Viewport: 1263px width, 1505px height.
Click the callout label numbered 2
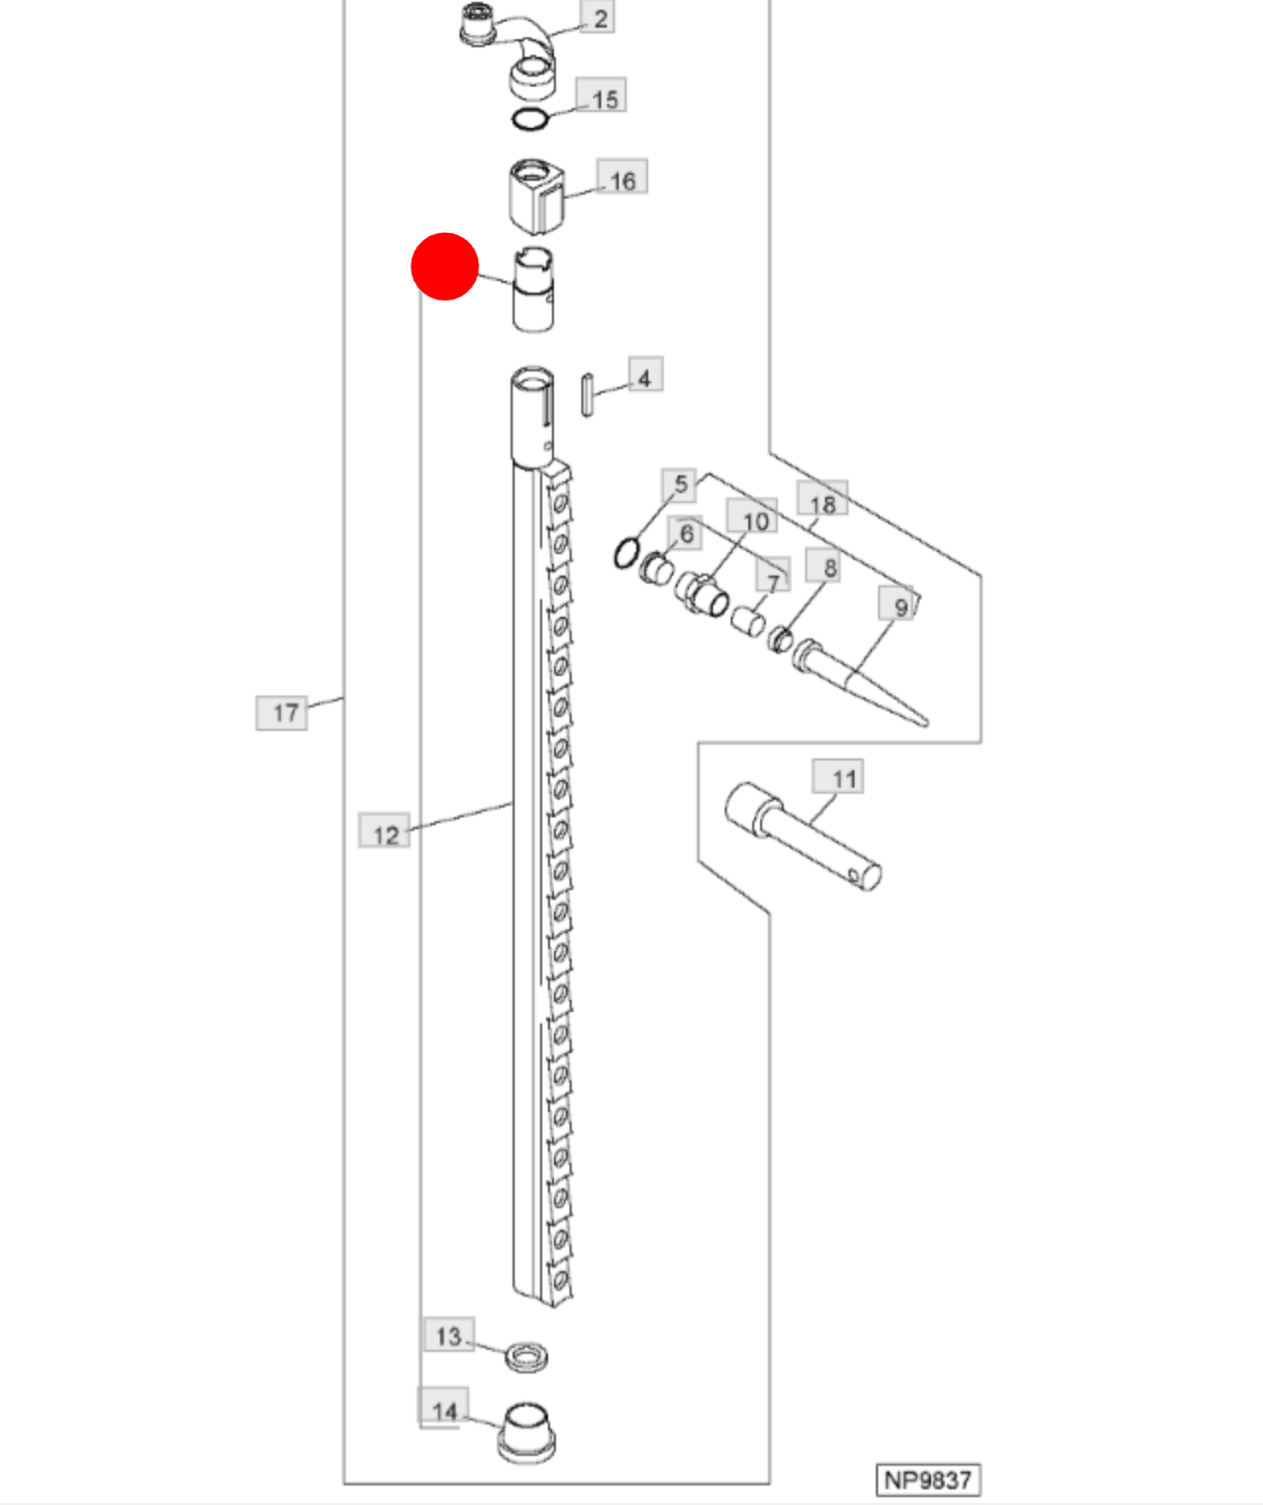[x=597, y=18]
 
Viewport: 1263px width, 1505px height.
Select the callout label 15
[x=601, y=96]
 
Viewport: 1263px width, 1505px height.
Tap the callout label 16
[x=622, y=177]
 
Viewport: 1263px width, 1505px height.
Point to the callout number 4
[x=645, y=374]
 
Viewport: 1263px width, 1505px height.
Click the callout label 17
[x=282, y=713]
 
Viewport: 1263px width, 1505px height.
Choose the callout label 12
[x=384, y=830]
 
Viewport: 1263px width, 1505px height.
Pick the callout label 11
[x=838, y=775]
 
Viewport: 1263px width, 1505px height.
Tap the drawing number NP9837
[x=928, y=1480]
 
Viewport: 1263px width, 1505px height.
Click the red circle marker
[x=445, y=266]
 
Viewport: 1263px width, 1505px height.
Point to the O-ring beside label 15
[x=530, y=119]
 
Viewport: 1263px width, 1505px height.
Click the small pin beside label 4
[x=587, y=394]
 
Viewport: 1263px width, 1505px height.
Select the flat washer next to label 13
[x=526, y=1358]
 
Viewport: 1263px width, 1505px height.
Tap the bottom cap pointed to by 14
[x=526, y=1433]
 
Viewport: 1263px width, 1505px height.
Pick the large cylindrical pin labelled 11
[x=802, y=836]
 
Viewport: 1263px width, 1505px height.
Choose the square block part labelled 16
[x=537, y=196]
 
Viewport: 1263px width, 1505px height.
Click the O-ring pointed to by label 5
[x=627, y=553]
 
